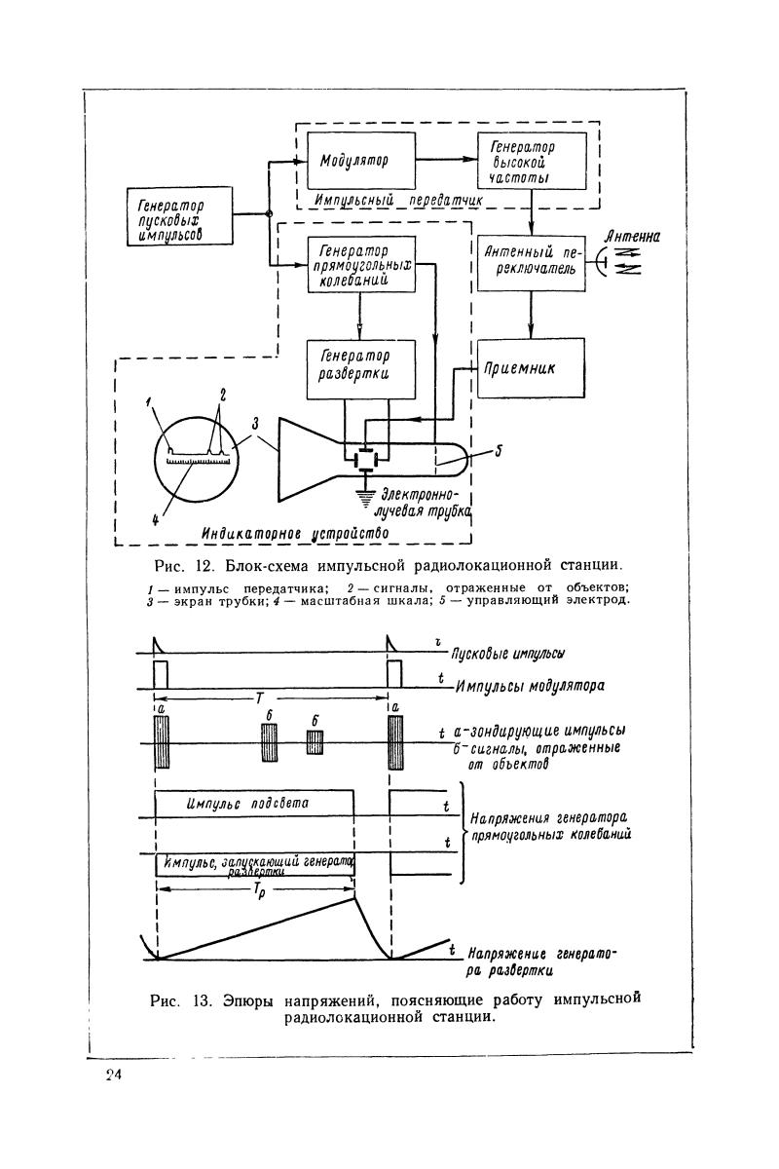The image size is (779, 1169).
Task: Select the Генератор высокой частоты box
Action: click(531, 161)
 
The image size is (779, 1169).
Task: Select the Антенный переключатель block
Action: click(531, 263)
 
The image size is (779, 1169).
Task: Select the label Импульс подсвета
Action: click(247, 803)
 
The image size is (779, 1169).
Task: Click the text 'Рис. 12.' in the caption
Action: click(180, 565)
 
